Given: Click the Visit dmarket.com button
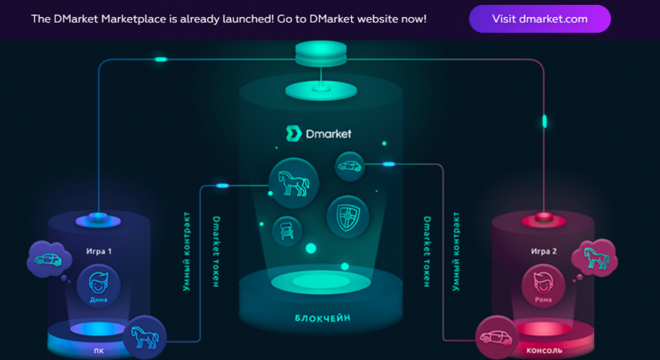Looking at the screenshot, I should click(x=539, y=19).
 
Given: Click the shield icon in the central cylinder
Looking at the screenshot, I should click(x=347, y=215).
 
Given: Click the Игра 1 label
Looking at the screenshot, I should click(x=99, y=251).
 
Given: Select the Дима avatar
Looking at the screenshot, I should click(x=99, y=285).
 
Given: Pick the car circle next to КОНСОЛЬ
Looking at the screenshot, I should click(x=497, y=337).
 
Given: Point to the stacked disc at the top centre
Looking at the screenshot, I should click(x=320, y=55).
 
